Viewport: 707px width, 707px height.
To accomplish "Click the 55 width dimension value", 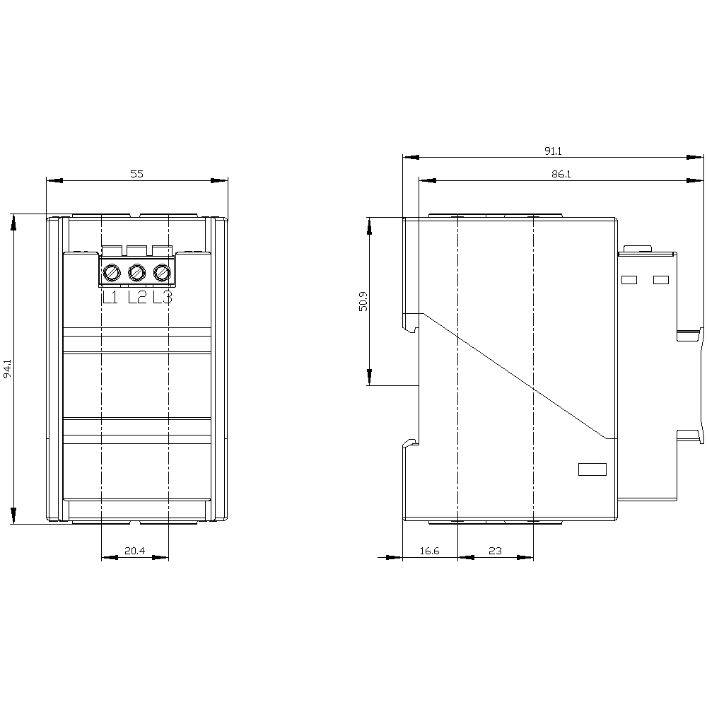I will click(x=136, y=173).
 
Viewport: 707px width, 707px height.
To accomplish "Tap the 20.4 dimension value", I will click(x=135, y=551).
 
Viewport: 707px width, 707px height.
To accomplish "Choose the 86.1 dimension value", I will click(x=561, y=173).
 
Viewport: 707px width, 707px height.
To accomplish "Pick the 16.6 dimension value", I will click(x=429, y=551).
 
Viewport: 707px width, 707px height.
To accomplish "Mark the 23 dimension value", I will click(x=495, y=551).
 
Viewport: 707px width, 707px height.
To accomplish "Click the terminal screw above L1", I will click(x=112, y=272).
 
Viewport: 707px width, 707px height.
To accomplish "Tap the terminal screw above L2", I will click(x=137, y=272).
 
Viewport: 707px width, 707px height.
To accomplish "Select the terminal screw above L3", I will click(x=163, y=272).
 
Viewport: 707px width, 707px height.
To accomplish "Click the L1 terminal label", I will click(x=110, y=298).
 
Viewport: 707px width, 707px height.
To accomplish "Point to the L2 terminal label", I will click(x=136, y=298).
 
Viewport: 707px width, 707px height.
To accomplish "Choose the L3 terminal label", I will click(x=163, y=298).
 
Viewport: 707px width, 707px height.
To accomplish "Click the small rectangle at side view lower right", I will click(x=592, y=469).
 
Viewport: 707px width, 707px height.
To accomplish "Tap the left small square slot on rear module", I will click(x=629, y=280).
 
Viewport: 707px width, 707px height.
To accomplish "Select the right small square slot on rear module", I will click(x=661, y=280).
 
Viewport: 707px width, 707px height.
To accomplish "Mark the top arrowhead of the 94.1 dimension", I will click(x=13, y=223).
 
